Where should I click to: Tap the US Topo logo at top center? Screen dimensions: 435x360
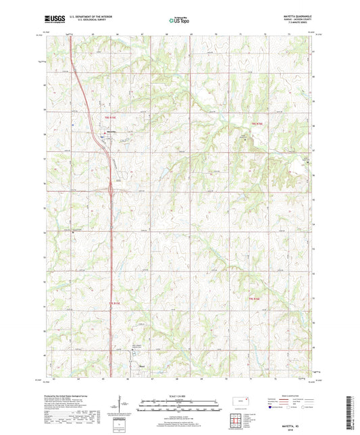pyautogui.click(x=179, y=21)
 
